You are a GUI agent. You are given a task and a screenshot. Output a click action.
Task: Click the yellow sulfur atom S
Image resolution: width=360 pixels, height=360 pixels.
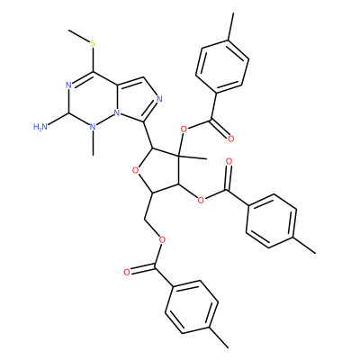coord(93,44)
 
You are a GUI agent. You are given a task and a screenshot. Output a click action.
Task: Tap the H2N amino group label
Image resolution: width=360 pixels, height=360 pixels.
coord(40,127)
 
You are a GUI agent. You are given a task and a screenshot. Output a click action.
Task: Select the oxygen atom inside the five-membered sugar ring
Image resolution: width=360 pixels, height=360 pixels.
coord(136,171)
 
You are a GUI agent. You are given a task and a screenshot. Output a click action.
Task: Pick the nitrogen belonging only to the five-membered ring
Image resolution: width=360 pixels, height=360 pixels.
coord(159,99)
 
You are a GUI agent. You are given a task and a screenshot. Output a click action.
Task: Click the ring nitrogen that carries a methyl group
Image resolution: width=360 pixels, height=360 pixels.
coord(93,127)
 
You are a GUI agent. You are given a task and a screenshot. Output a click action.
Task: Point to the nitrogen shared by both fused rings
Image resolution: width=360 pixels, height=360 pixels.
coord(118,113)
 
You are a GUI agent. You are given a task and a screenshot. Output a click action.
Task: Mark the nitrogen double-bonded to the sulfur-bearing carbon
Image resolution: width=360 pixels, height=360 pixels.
coord(68,85)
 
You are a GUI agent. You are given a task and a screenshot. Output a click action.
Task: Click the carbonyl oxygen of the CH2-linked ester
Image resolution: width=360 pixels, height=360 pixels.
coord(127,273)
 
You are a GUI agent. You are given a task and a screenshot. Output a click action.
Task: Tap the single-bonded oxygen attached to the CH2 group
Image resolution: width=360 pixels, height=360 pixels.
coord(162,239)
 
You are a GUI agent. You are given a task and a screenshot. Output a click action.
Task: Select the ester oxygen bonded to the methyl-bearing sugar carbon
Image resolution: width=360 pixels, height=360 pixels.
coord(184,130)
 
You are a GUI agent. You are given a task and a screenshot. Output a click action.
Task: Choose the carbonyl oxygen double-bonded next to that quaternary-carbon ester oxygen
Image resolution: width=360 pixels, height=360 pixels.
coord(230,139)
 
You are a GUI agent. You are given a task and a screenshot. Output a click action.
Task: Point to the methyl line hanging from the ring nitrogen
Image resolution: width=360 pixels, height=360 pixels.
coord(94,143)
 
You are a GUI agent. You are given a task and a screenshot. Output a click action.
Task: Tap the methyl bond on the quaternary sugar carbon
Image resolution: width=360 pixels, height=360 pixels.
coord(193,157)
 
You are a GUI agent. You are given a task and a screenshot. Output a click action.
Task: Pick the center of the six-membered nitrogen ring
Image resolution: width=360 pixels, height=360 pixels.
coord(93,99)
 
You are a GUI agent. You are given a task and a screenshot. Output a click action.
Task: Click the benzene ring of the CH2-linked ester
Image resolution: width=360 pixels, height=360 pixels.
coord(191,307)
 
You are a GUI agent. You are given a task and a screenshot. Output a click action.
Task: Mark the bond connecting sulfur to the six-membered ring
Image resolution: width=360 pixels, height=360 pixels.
coord(93,59)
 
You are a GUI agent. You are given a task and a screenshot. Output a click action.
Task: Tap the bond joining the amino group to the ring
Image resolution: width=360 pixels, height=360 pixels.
coord(58,121)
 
